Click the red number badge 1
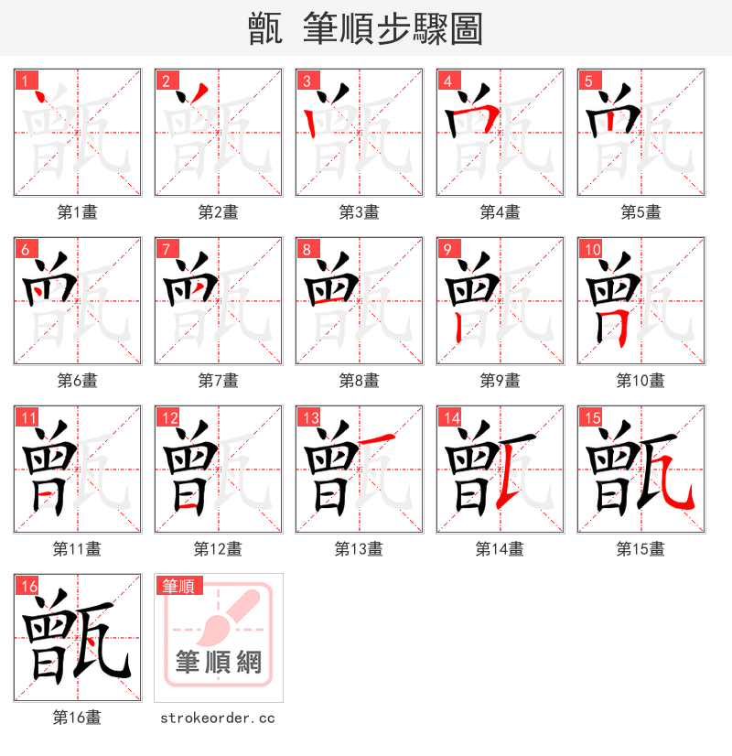coord(25,81)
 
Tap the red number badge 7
coord(166,249)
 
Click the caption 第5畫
coord(640,212)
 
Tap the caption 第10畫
coord(640,381)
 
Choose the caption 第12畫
coord(218,549)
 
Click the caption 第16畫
coord(77,718)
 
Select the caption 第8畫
coord(359,381)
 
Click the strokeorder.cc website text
coord(218,718)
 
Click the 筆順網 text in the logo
coord(219,662)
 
